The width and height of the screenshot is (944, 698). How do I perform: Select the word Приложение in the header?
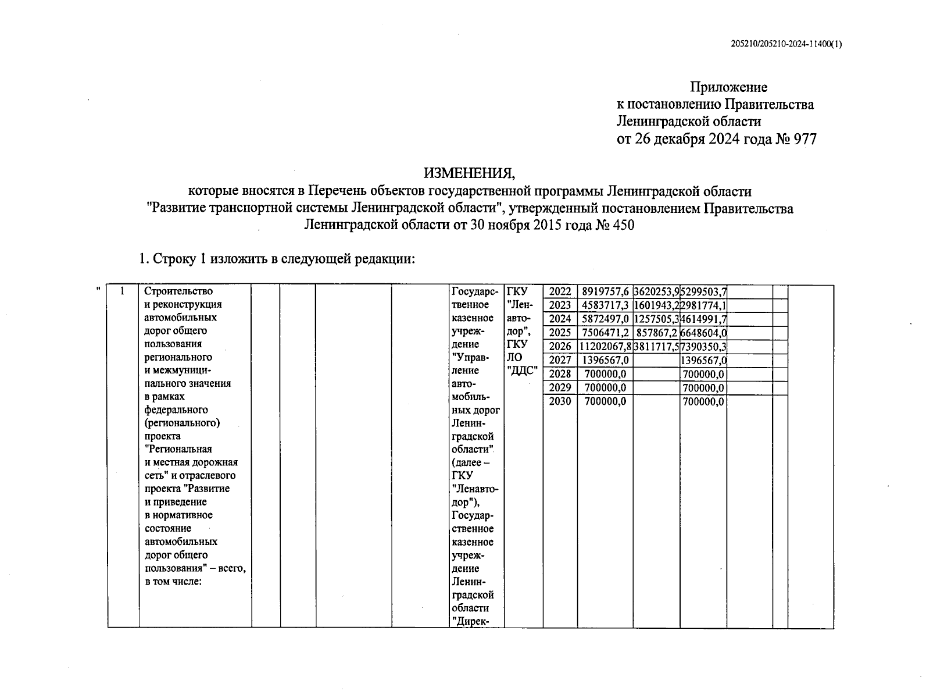(x=728, y=87)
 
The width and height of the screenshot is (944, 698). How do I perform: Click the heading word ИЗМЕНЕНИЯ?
(x=469, y=173)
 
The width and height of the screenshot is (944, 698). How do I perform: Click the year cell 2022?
(x=560, y=292)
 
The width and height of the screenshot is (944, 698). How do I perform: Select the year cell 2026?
(x=560, y=347)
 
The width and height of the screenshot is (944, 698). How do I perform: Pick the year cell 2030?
(x=560, y=401)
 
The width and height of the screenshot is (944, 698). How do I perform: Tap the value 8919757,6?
(x=605, y=292)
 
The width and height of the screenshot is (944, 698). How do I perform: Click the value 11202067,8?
(x=605, y=347)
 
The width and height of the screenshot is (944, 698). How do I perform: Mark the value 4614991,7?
(x=703, y=319)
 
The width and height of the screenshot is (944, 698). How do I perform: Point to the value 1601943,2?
(x=656, y=305)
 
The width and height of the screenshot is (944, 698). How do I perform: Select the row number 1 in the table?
(x=123, y=291)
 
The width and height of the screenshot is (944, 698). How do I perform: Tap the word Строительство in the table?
(x=178, y=291)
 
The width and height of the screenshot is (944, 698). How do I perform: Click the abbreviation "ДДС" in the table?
(x=523, y=371)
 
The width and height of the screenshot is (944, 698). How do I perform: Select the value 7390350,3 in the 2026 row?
(x=703, y=347)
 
